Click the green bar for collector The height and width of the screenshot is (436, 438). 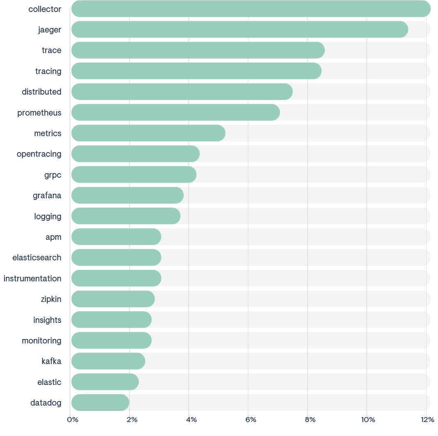click(x=251, y=9)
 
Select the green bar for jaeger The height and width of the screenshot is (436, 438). click(x=240, y=30)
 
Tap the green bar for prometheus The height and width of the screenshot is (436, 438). click(x=175, y=112)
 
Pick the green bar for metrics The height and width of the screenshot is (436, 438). click(x=148, y=133)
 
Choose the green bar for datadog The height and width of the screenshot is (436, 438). click(x=100, y=402)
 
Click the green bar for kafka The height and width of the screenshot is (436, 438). click(x=108, y=361)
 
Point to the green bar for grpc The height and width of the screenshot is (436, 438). click(x=134, y=175)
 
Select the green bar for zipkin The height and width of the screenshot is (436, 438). click(x=113, y=299)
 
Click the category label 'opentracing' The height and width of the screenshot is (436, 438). click(x=39, y=154)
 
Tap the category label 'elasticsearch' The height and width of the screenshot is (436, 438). click(x=37, y=257)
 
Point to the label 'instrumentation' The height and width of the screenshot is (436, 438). click(x=32, y=278)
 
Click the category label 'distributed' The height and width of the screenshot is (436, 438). click(x=41, y=92)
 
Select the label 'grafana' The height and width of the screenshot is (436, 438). click(x=47, y=195)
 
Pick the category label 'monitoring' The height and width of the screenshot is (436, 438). click(x=41, y=341)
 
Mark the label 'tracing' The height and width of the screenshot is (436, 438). click(x=48, y=71)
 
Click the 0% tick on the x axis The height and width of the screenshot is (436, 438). click(x=72, y=420)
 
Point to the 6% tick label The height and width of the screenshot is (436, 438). click(x=250, y=420)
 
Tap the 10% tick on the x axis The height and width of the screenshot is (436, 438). click(x=368, y=420)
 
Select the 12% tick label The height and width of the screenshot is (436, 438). click(x=427, y=420)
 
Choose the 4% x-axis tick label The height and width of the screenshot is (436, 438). click(x=191, y=420)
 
